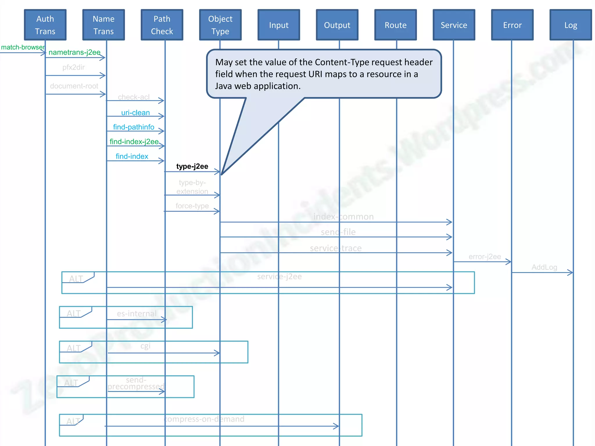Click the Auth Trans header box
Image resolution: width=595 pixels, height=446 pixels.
(x=45, y=25)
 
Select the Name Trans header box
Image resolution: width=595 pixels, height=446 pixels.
(x=103, y=25)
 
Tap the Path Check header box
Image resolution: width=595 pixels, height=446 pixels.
(x=162, y=25)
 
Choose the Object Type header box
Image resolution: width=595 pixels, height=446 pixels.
(x=220, y=25)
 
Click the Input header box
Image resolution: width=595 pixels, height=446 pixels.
(x=279, y=25)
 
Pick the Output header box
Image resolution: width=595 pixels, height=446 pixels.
(x=337, y=25)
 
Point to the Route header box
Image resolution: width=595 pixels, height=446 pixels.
(x=395, y=25)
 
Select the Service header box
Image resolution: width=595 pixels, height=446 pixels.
(x=454, y=25)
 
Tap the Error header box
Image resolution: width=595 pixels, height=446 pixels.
(x=512, y=25)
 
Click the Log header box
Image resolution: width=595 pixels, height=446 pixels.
(x=571, y=25)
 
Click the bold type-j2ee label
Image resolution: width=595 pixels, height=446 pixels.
(x=192, y=166)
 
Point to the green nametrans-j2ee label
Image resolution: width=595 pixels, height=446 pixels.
(x=74, y=52)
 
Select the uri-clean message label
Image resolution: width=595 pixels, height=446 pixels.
(x=135, y=113)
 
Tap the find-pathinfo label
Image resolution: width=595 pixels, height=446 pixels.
(x=133, y=127)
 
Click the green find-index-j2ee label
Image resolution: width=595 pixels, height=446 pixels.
(x=134, y=142)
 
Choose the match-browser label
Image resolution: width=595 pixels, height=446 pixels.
(x=23, y=47)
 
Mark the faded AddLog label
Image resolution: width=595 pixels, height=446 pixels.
(x=544, y=267)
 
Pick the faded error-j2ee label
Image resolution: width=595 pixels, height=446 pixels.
(x=485, y=257)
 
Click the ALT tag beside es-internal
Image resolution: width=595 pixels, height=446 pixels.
(x=74, y=314)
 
